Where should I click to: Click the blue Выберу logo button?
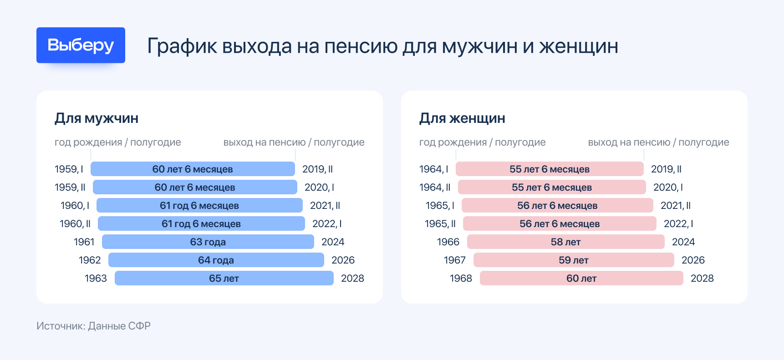click(81, 45)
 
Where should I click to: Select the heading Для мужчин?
click(97, 118)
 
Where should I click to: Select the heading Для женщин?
click(462, 118)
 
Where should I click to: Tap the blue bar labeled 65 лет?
click(224, 278)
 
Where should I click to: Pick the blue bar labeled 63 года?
click(208, 242)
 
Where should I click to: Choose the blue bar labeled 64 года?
click(216, 260)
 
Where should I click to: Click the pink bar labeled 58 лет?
click(565, 242)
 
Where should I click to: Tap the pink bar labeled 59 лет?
click(574, 260)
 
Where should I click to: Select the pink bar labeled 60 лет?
click(581, 278)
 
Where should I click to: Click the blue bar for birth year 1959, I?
click(193, 169)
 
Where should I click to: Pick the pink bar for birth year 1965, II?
click(560, 223)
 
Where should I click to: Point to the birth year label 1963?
click(96, 278)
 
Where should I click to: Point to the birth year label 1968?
click(461, 278)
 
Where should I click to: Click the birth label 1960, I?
click(75, 205)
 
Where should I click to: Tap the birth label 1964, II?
click(435, 187)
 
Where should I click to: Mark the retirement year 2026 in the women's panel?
click(693, 260)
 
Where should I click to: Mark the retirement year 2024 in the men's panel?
click(333, 242)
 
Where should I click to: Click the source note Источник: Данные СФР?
click(93, 326)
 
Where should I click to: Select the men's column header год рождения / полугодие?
click(117, 142)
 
